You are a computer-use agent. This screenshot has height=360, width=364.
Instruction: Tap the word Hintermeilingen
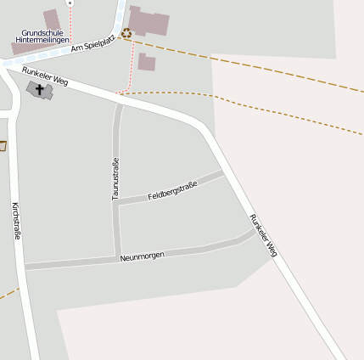point(41,40)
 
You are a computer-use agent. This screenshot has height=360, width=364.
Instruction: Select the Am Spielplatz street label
point(92,44)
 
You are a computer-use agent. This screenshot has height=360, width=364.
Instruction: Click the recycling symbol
point(126,34)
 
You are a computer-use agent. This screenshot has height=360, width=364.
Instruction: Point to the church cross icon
point(39,87)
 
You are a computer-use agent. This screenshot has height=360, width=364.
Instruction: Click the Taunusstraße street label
point(115,179)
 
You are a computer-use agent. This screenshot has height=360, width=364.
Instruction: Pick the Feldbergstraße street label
point(172,190)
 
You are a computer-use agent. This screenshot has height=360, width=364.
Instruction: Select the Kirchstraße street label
point(16,221)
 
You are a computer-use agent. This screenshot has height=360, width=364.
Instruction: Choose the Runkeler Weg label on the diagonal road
point(263,235)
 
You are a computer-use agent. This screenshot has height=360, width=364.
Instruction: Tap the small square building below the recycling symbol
point(147,62)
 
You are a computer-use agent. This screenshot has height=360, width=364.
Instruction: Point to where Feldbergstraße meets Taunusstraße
point(117,202)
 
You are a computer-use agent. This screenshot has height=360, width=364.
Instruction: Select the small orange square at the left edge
point(2,146)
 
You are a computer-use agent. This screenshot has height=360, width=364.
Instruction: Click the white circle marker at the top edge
point(70,3)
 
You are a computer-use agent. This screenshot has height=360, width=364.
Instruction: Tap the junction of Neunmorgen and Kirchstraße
point(24,267)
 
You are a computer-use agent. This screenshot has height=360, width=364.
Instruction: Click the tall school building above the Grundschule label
point(52,19)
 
